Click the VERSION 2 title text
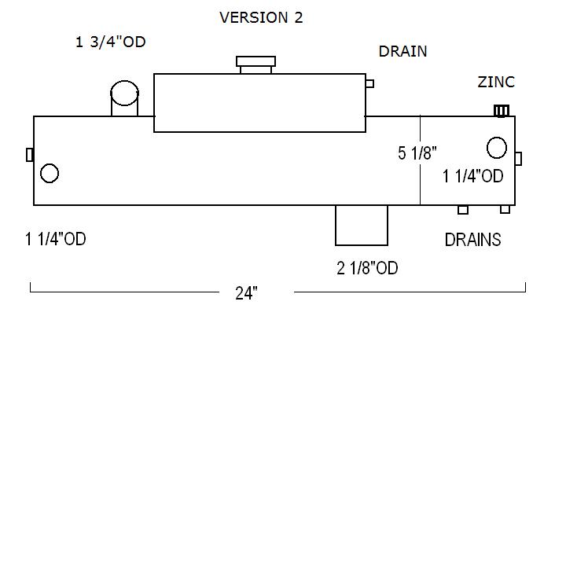pos(261,17)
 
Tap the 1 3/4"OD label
pos(111,42)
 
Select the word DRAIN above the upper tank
pos(402,51)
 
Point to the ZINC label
pos(496,82)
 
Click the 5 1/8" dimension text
pos(417,153)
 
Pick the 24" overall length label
pos(246,293)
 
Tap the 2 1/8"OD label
pos(367,268)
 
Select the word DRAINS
pos(473,240)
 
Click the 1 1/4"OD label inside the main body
pos(473,176)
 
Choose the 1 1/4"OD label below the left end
pos(56,239)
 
